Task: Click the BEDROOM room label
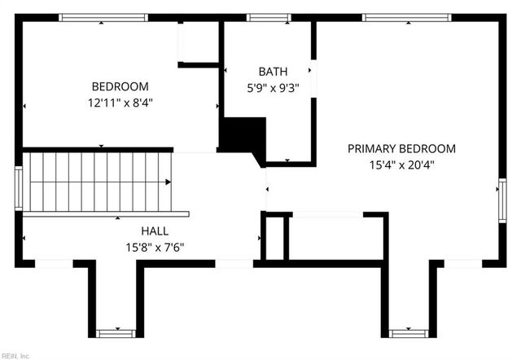[120, 86]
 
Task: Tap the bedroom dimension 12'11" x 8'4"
[120, 103]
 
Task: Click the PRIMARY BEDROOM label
[401, 148]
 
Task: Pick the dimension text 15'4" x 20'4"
[401, 165]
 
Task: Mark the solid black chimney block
[243, 134]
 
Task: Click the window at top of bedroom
[103, 17]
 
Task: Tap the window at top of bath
[269, 17]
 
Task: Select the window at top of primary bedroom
[406, 17]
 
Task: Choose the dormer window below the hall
[114, 332]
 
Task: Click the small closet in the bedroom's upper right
[198, 42]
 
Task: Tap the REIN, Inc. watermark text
[15, 355]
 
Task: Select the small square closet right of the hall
[275, 237]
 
